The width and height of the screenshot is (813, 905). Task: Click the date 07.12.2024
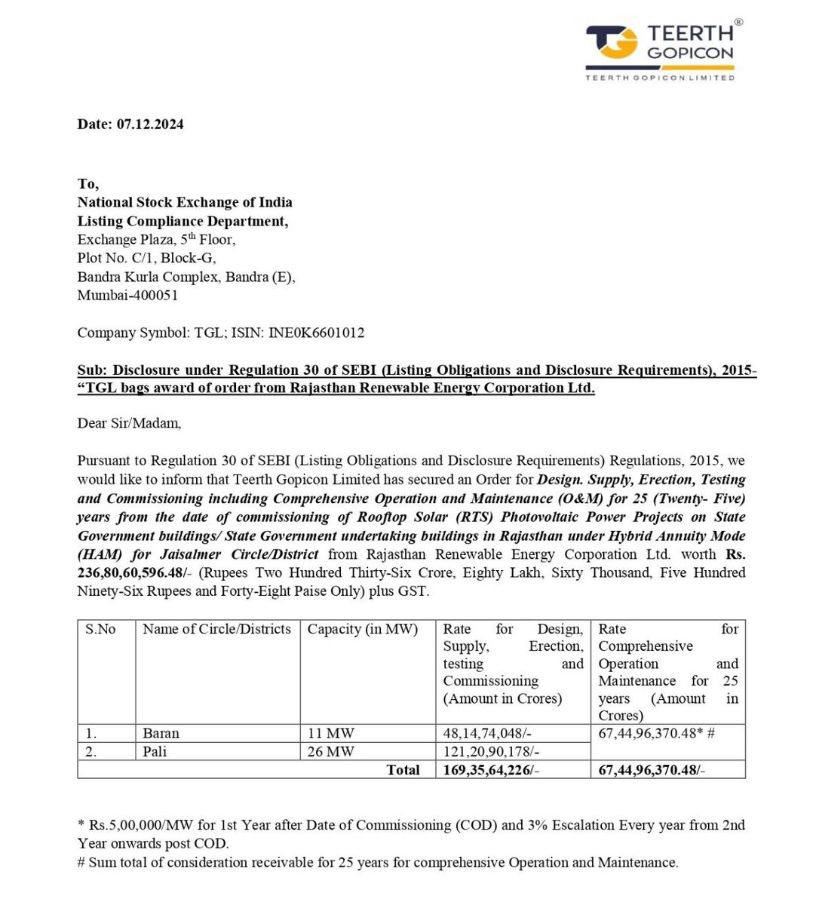149,124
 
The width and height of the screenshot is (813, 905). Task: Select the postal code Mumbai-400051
127,295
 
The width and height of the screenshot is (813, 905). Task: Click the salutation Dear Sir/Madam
129,423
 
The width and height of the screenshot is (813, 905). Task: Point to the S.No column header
100,629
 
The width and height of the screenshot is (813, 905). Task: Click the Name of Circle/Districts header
216,629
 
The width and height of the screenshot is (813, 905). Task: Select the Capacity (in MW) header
362,629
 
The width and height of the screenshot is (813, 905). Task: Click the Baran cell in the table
161,733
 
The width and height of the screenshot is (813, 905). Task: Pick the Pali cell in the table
155,751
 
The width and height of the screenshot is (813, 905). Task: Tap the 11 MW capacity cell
330,733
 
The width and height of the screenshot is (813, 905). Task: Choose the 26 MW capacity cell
330,751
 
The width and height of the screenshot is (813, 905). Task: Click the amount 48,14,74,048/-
491,733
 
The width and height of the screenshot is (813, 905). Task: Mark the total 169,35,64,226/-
491,770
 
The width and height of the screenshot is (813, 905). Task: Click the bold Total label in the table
403,770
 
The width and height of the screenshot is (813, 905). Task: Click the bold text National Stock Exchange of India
185,202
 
